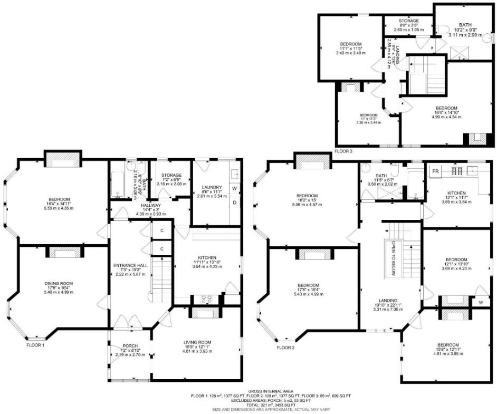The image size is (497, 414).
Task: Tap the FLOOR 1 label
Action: [36, 346]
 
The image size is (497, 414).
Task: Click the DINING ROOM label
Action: [59, 283]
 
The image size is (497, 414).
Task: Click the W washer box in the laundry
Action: [234, 188]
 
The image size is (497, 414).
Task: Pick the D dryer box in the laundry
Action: [234, 202]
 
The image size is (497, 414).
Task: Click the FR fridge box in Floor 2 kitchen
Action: [435, 171]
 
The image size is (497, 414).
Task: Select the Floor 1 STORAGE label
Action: [171, 175]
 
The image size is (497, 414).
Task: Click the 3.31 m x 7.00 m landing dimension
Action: [389, 310]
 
